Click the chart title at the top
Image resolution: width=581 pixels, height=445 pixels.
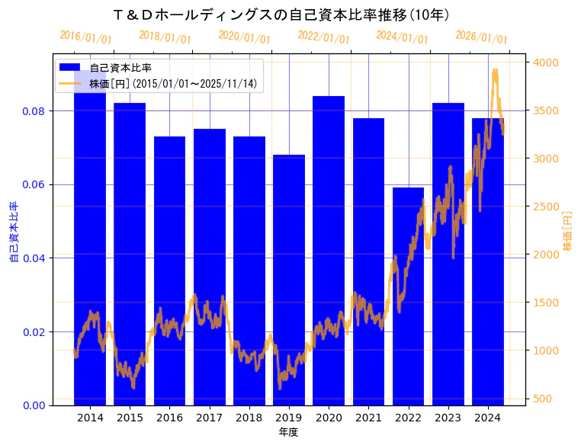click(x=280, y=15)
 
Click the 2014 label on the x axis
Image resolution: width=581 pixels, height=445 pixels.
click(x=90, y=418)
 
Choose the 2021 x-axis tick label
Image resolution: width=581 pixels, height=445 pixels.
click(x=368, y=418)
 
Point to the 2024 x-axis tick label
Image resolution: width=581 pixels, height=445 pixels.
click(x=487, y=418)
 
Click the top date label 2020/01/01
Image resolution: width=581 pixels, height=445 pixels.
click(x=244, y=37)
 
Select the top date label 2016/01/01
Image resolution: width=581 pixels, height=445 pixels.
click(x=85, y=37)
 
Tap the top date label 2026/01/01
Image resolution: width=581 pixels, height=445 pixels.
click(x=481, y=37)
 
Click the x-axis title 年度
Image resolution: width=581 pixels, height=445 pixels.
click(x=288, y=432)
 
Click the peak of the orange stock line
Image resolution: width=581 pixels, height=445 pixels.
click(x=495, y=71)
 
